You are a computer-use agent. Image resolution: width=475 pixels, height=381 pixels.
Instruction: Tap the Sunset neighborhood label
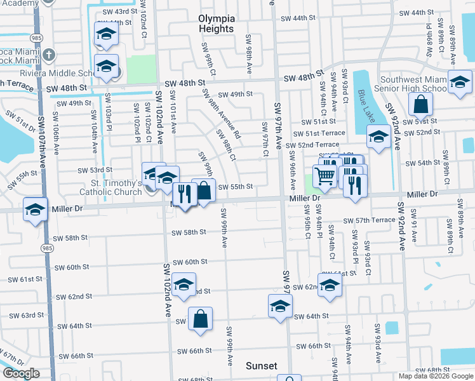(x=262, y=366)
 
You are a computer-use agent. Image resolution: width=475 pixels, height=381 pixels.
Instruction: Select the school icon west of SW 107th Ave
(x=35, y=210)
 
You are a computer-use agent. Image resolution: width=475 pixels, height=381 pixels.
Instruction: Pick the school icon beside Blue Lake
(x=378, y=137)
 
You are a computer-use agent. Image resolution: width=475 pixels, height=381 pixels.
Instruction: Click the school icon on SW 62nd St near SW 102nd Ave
(x=184, y=285)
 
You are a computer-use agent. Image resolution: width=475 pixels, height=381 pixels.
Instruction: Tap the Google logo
(x=22, y=374)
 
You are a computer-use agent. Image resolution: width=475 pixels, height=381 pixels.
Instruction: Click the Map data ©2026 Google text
(x=435, y=375)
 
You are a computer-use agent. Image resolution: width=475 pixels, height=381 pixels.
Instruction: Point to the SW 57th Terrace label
(x=369, y=220)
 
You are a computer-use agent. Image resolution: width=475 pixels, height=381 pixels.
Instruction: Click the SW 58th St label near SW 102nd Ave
(x=189, y=232)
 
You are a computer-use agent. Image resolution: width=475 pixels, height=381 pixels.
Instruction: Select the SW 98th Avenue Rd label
(x=220, y=114)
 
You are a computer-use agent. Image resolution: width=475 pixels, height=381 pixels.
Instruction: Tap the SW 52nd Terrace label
(x=319, y=145)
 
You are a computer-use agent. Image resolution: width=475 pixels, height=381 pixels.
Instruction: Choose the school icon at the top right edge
(x=459, y=83)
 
